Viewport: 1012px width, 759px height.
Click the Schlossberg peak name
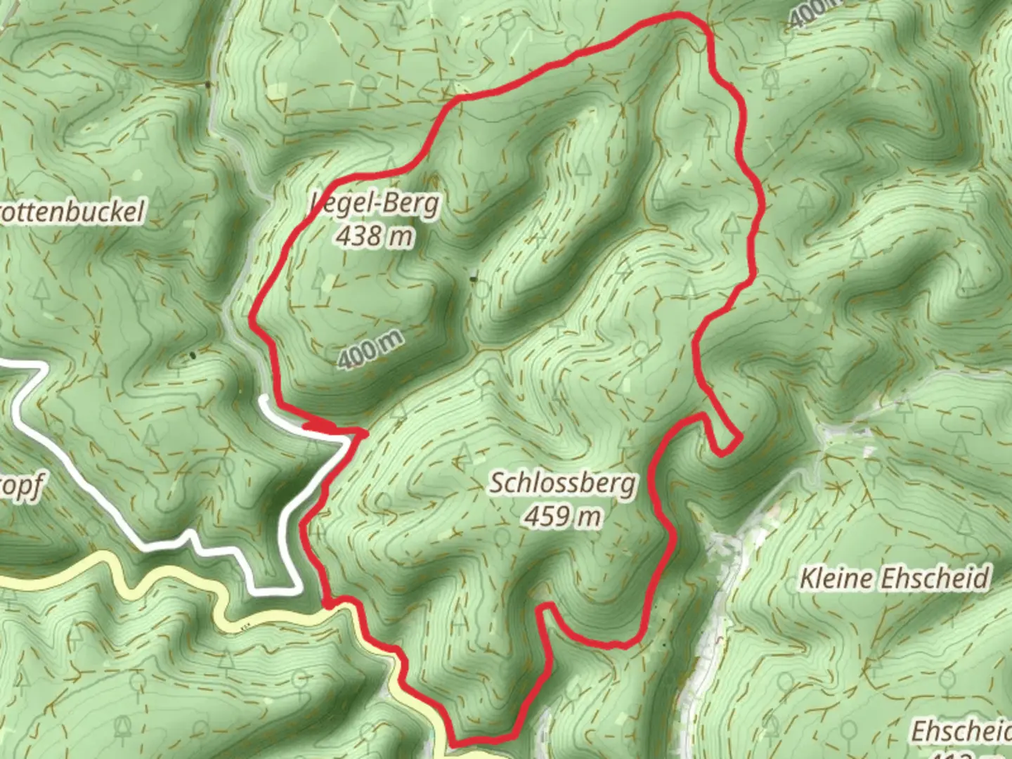pyautogui.click(x=563, y=484)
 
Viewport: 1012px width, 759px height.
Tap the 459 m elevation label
pyautogui.click(x=563, y=517)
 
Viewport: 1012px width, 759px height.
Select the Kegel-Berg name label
pyautogui.click(x=376, y=203)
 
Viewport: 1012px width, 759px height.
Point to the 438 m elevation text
pyautogui.click(x=374, y=236)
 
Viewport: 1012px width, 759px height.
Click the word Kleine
pyautogui.click(x=837, y=579)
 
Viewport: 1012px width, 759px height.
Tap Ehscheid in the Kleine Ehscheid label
pyautogui.click(x=935, y=578)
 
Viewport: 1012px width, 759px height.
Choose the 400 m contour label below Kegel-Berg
pyautogui.click(x=370, y=349)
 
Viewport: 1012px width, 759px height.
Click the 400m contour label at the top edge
pyautogui.click(x=815, y=13)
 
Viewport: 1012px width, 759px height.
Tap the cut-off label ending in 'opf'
pyautogui.click(x=21, y=487)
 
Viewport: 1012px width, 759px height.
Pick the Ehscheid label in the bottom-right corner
pyautogui.click(x=961, y=732)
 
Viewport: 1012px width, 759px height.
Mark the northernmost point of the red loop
pyautogui.click(x=678, y=15)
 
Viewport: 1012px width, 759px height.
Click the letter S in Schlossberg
pyautogui.click(x=495, y=484)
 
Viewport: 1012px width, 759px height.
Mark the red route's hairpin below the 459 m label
pyautogui.click(x=546, y=606)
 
